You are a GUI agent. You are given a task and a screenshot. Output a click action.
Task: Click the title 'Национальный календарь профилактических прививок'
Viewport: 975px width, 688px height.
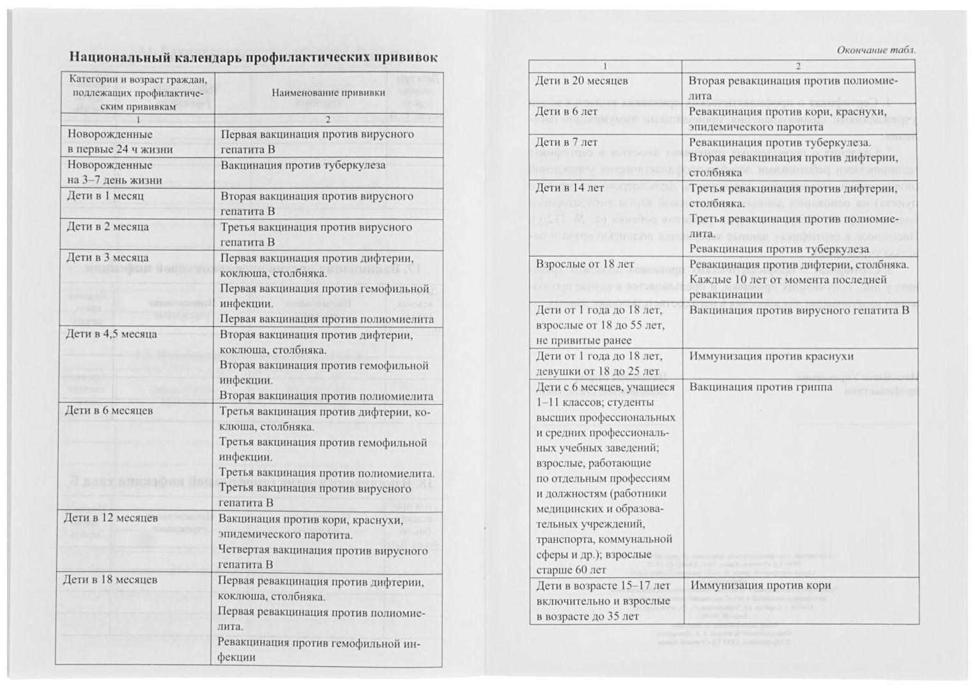pos(253,58)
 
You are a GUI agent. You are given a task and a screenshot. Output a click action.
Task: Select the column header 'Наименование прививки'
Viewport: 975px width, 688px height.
pos(328,93)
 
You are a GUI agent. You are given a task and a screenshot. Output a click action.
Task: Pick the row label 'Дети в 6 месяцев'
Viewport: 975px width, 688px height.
pos(109,410)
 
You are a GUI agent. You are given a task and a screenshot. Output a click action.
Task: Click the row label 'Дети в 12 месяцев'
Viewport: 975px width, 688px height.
pos(111,518)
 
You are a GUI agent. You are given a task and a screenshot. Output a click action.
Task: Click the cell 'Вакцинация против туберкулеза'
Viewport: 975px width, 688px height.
pos(303,165)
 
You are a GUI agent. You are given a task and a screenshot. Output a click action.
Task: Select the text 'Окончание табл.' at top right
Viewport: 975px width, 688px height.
pos(876,50)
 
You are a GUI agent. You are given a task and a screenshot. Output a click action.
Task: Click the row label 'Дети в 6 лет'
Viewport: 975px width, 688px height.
pos(566,112)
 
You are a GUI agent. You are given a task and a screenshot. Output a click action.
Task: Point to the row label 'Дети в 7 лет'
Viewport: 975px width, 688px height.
pos(566,143)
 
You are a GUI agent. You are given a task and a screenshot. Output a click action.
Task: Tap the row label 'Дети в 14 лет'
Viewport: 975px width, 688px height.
pos(569,188)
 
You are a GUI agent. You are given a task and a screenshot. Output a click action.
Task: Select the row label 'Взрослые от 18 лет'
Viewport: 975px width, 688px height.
pos(585,264)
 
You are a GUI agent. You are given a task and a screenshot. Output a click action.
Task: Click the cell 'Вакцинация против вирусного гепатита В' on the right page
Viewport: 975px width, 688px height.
pos(799,310)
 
